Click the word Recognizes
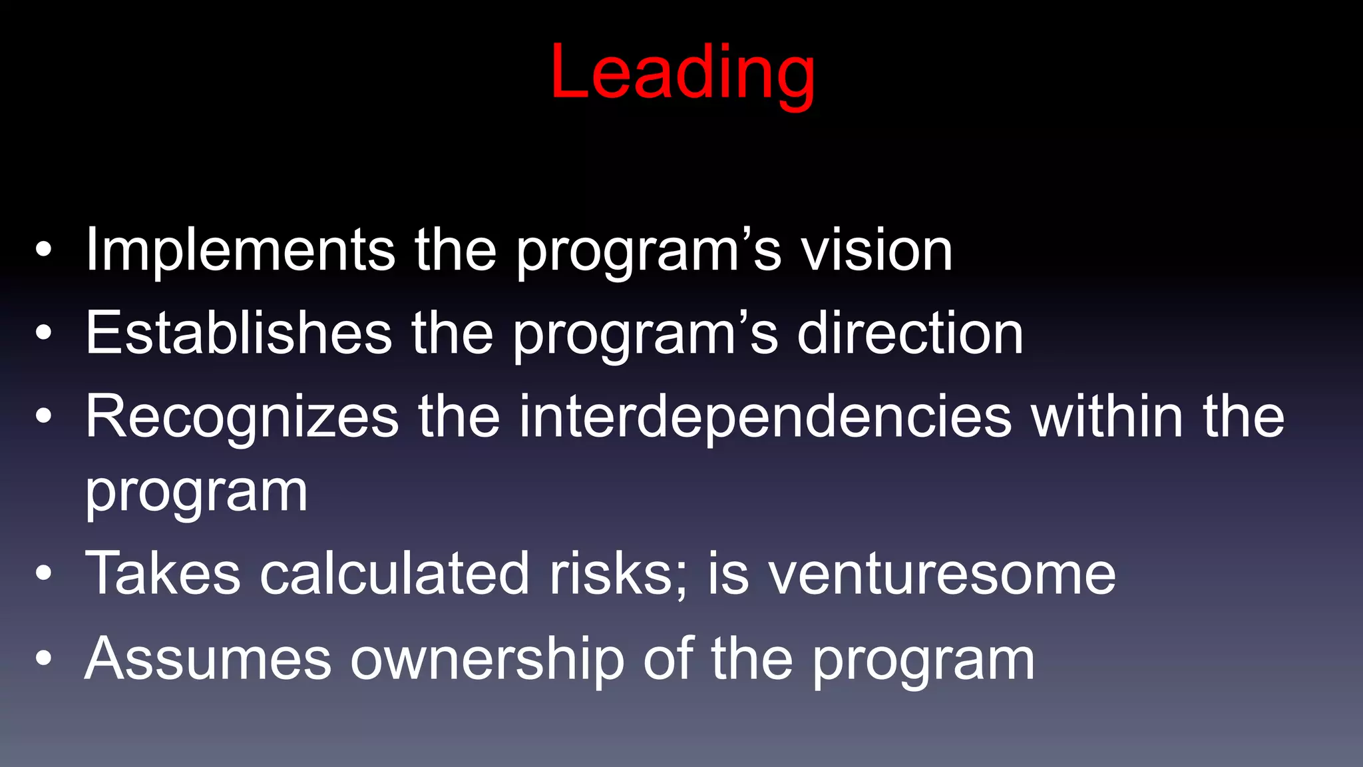(x=242, y=417)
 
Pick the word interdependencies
(x=765, y=417)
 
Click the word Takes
(x=163, y=573)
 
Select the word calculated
(x=394, y=573)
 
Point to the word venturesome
(x=942, y=573)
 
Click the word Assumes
(x=208, y=659)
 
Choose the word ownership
(x=487, y=659)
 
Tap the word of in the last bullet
(x=668, y=659)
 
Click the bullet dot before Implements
(x=44, y=251)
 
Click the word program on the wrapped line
(x=196, y=493)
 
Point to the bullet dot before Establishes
(x=44, y=334)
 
